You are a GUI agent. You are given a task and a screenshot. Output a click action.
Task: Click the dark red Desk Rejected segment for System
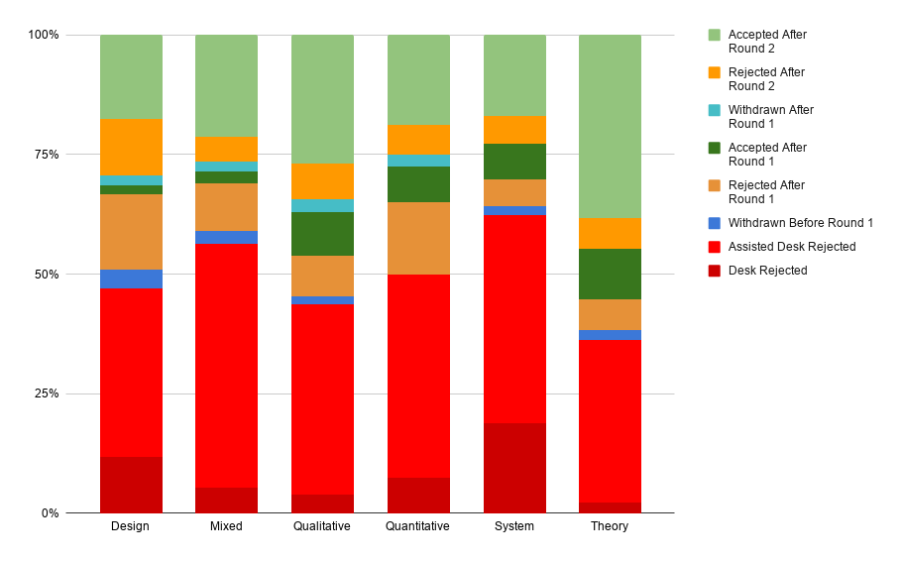514,468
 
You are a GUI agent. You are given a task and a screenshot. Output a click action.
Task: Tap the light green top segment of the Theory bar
610,126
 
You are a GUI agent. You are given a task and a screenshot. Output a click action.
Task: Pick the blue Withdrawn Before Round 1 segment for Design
131,279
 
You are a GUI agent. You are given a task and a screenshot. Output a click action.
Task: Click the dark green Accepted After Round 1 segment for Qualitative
322,234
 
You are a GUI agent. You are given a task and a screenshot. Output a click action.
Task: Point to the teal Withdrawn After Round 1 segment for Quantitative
418,161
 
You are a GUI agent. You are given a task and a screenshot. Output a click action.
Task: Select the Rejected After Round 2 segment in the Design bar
131,147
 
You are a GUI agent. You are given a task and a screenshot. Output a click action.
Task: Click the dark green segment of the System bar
514,162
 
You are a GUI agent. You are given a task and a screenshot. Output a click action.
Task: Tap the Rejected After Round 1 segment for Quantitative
418,238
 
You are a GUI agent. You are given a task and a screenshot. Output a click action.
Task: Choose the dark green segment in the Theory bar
610,274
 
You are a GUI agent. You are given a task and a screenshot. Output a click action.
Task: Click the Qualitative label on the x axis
322,526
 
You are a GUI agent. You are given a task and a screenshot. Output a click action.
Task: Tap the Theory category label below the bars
610,526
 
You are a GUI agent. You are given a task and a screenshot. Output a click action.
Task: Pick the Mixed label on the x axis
226,526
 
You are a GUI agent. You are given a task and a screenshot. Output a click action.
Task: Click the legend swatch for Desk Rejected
714,271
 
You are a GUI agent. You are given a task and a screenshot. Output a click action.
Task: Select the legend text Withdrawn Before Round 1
800,223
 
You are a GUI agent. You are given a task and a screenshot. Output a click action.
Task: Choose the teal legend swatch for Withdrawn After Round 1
714,110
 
